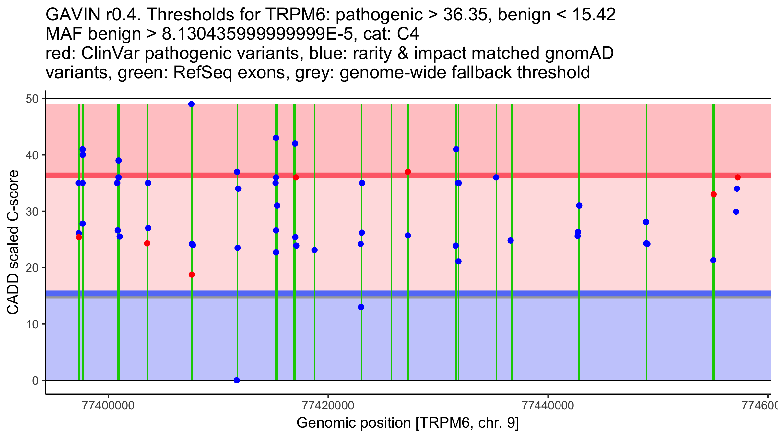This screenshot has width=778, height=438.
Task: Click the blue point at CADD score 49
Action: [191, 104]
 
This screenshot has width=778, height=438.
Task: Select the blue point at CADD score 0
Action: [237, 380]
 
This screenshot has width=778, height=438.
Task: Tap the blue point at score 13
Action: [361, 307]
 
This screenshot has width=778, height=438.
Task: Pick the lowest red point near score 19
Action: [192, 274]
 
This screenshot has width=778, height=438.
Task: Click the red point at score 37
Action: [408, 172]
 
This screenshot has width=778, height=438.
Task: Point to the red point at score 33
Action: [713, 194]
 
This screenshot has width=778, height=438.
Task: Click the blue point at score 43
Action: [276, 138]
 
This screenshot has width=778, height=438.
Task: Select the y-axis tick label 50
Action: [32, 99]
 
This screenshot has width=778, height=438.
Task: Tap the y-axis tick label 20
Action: [32, 268]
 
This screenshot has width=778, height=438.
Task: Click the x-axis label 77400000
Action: [108, 406]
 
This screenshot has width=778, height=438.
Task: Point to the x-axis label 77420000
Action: [328, 406]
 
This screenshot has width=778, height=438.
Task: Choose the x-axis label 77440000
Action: [548, 406]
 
